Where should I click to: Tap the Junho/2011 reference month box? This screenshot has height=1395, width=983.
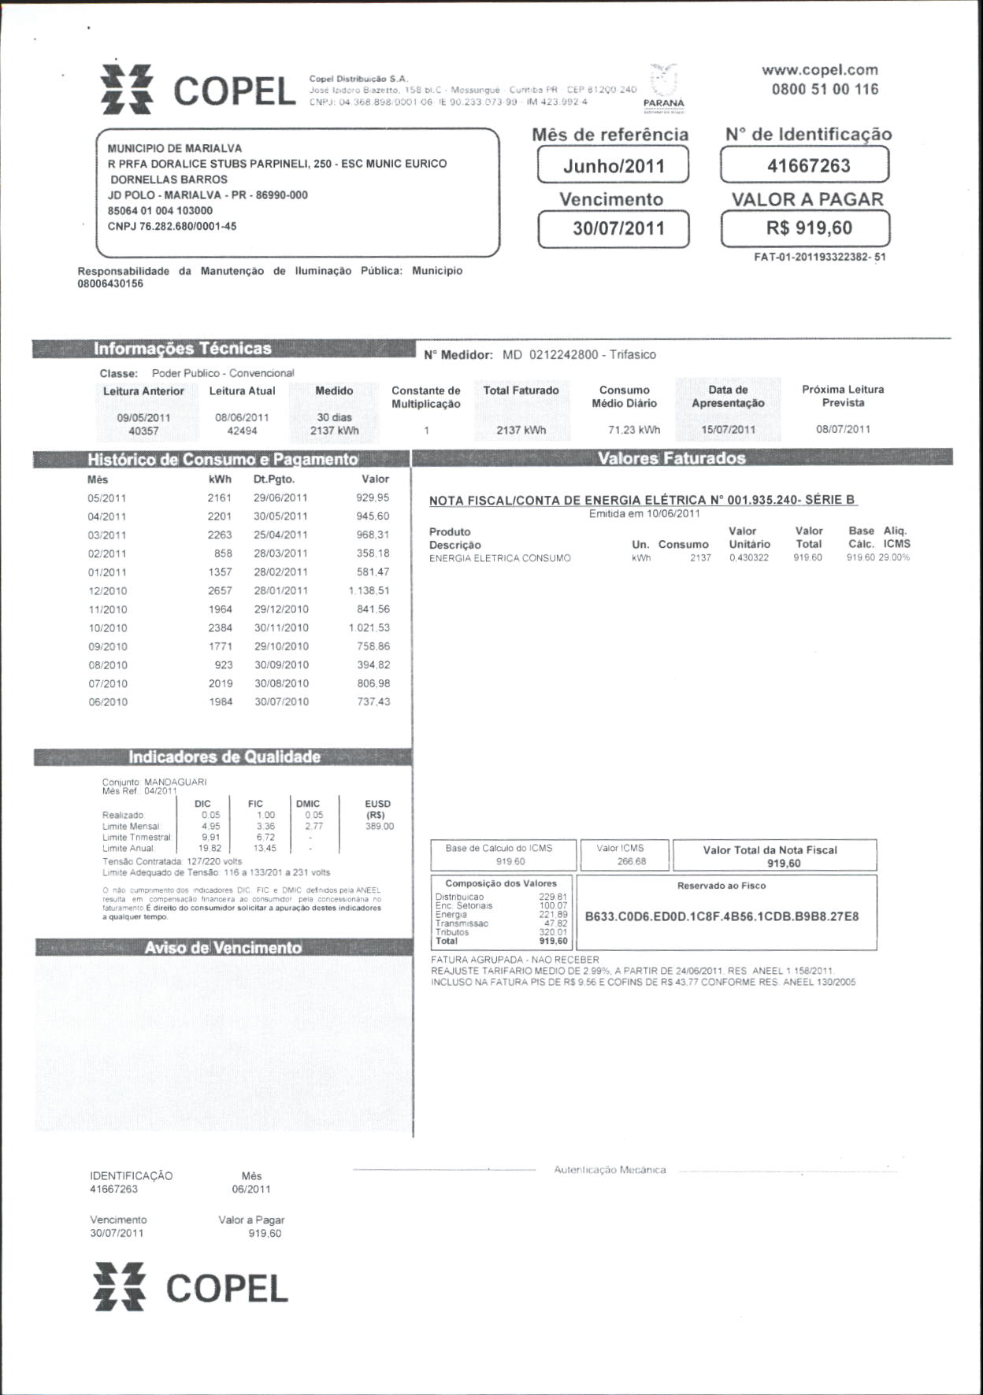click(614, 166)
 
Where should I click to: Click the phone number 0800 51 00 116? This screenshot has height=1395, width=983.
click(825, 89)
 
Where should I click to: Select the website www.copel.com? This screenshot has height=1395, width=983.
click(819, 70)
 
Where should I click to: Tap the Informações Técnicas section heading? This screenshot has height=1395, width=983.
click(182, 349)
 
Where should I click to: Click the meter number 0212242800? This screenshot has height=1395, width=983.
click(563, 355)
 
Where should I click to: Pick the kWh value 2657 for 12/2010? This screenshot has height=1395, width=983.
click(220, 590)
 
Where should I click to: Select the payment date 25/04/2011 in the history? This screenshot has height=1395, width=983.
click(280, 535)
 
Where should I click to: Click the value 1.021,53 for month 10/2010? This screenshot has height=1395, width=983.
click(369, 628)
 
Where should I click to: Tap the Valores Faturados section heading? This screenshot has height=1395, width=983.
click(671, 458)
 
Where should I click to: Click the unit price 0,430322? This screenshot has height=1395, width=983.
click(748, 558)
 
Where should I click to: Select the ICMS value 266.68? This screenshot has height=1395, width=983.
click(632, 862)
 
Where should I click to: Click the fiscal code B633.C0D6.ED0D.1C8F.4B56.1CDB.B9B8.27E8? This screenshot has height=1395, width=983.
click(721, 917)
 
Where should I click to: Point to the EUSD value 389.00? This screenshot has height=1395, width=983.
click(380, 827)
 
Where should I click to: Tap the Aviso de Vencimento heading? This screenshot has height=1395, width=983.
click(223, 948)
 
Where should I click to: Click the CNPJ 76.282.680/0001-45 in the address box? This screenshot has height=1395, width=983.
click(172, 227)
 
